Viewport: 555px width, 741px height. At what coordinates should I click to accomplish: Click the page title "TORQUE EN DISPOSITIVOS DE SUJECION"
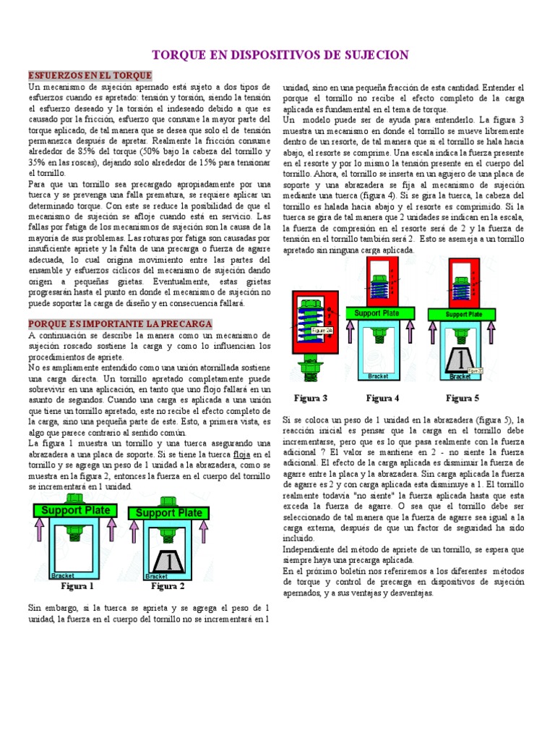point(279,55)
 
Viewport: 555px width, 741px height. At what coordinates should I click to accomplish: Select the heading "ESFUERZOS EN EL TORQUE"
point(90,75)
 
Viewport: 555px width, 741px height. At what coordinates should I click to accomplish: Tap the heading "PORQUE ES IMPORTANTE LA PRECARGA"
point(120,323)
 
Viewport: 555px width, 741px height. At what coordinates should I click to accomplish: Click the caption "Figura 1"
point(77,586)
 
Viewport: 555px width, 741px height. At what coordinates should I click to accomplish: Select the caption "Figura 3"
point(311,398)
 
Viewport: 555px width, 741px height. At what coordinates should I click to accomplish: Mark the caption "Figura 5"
point(462,398)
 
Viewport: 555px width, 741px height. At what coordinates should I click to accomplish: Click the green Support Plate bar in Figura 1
point(76,510)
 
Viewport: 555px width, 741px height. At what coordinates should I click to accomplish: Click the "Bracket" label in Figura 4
point(378,376)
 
